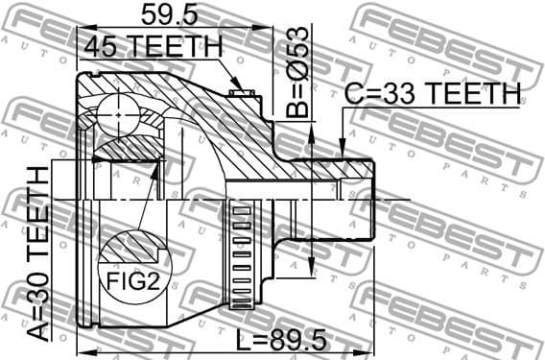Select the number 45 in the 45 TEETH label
[x=102, y=45]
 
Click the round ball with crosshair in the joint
[x=119, y=112]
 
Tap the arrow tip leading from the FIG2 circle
[x=157, y=165]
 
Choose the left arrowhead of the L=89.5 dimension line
[x=82, y=348]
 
